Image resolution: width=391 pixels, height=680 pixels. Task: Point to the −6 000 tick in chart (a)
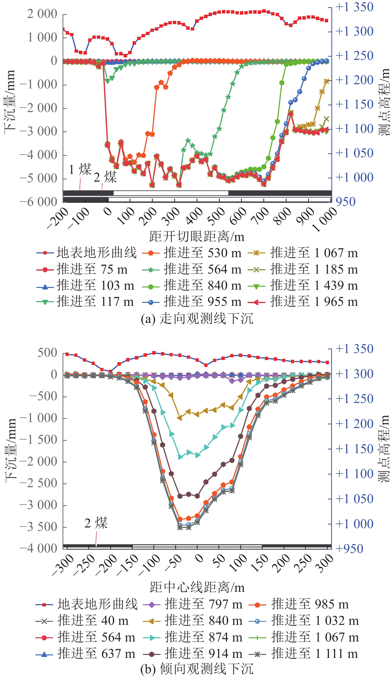pos(38,202)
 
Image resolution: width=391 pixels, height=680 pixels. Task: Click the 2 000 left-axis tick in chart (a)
pos(42,14)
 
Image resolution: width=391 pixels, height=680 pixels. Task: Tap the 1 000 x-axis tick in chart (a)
pos(325,220)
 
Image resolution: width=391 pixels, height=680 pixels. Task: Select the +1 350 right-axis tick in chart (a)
pos(354,7)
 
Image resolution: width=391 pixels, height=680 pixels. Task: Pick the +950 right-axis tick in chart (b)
pos(349,549)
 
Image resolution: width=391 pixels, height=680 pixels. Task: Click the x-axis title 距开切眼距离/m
pos(197,237)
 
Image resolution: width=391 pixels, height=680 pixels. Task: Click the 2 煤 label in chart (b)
pos(96,523)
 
